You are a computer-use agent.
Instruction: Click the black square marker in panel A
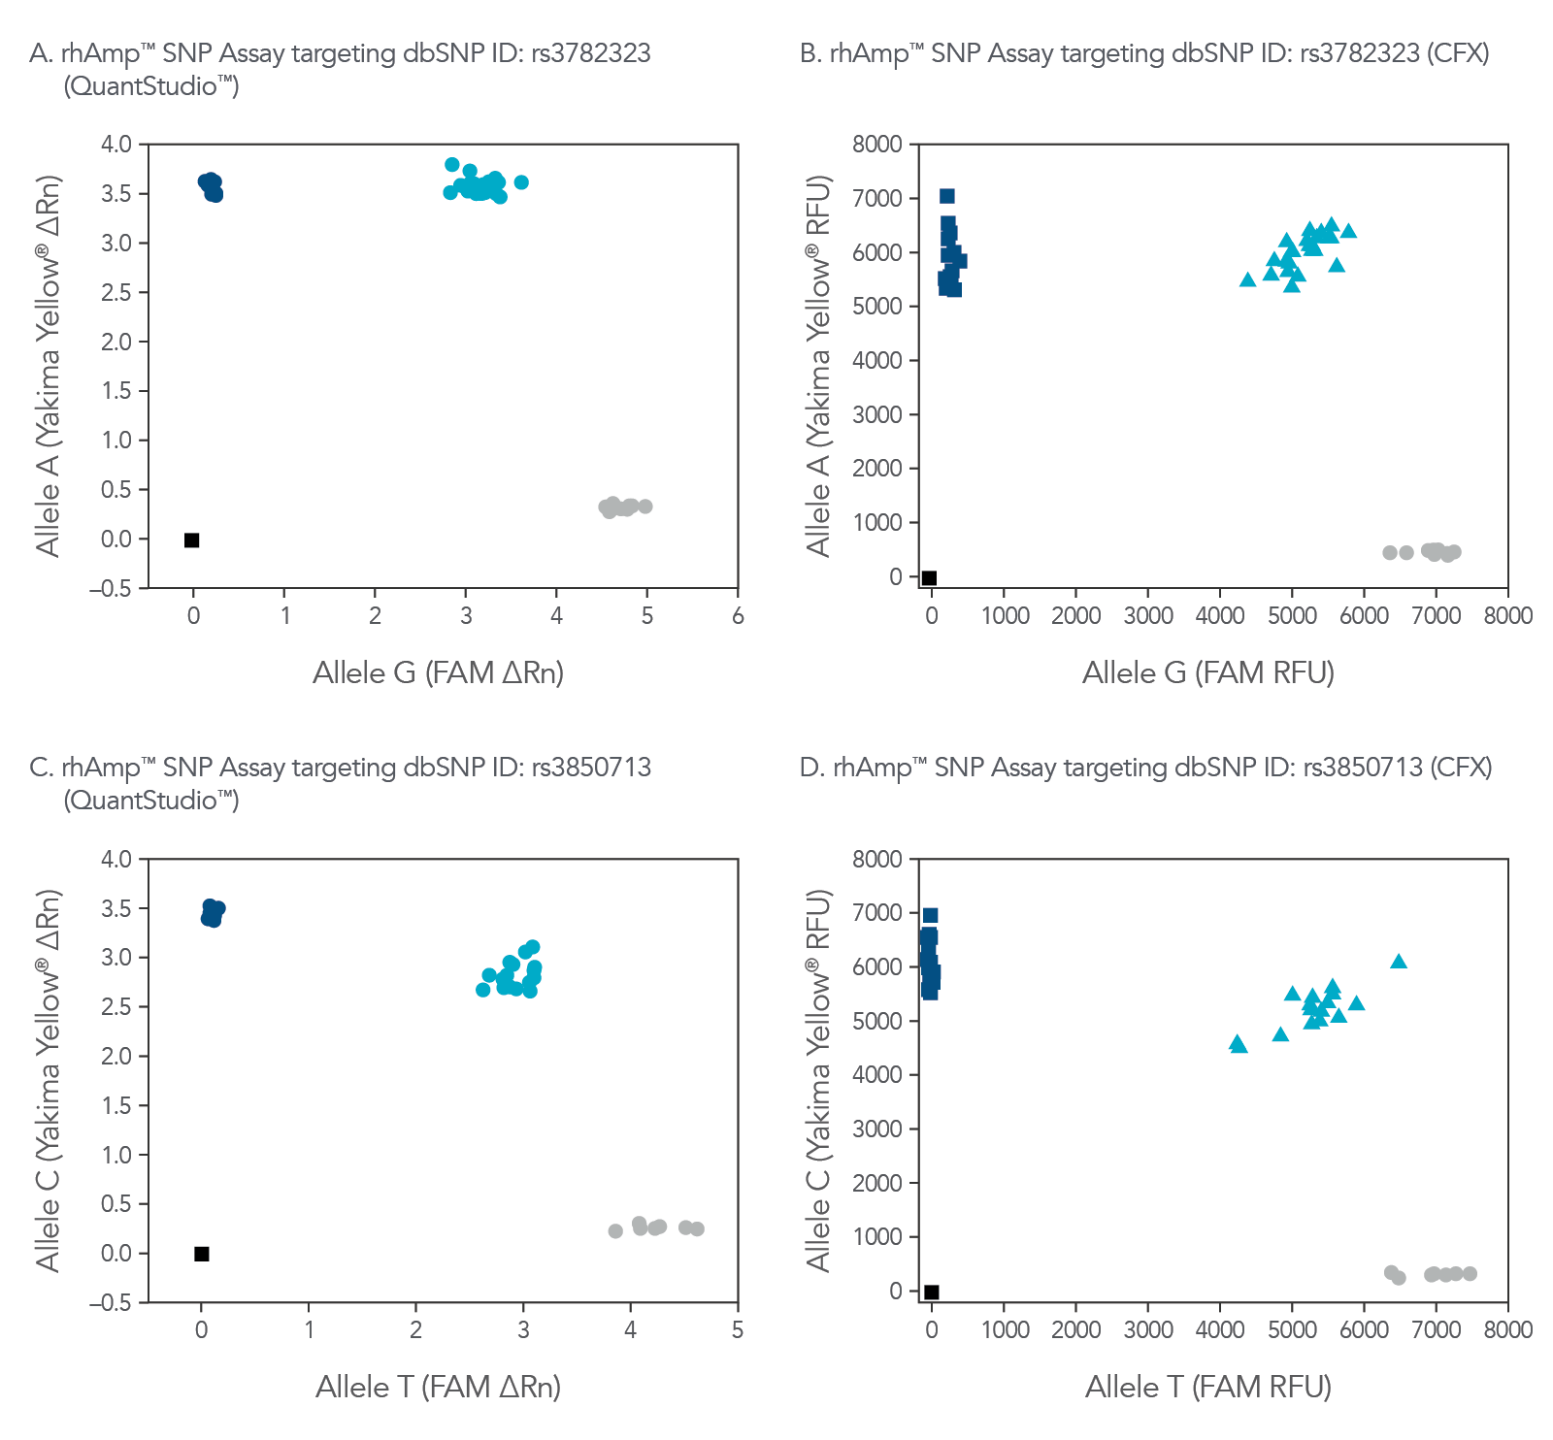click(x=192, y=540)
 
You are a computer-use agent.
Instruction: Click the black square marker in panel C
click(x=202, y=1254)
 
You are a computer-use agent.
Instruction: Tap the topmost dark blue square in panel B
click(x=947, y=196)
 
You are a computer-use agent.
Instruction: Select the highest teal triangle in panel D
click(x=1399, y=962)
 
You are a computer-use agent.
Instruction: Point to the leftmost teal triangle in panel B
click(x=1248, y=280)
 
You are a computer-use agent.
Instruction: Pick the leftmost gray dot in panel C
click(x=615, y=1231)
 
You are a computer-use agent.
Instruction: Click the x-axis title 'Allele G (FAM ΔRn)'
click(x=438, y=672)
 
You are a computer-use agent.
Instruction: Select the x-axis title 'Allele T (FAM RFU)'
click(x=1207, y=1388)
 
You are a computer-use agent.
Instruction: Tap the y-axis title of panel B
click(x=819, y=366)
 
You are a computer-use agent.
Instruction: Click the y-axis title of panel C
click(x=49, y=1080)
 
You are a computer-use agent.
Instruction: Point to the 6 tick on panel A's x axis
click(x=738, y=616)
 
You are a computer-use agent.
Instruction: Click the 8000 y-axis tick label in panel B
click(x=877, y=145)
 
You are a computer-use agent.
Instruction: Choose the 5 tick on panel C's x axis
click(x=738, y=1330)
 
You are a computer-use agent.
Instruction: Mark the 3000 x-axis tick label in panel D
click(x=1148, y=1330)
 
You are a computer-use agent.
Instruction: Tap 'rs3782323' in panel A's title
click(x=591, y=53)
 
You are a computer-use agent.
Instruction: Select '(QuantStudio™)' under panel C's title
click(x=151, y=801)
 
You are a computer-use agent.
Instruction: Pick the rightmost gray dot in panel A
click(x=645, y=507)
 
